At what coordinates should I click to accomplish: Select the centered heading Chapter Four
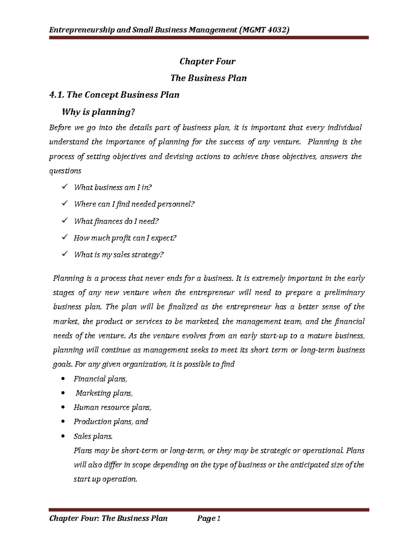pyautogui.click(x=208, y=62)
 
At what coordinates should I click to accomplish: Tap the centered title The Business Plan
pyautogui.click(x=208, y=78)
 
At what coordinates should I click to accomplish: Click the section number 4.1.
pyautogui.click(x=56, y=95)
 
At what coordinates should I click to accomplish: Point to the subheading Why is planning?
pyautogui.click(x=98, y=112)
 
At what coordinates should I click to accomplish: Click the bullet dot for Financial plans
pyautogui.click(x=63, y=379)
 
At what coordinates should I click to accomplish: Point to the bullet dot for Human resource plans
pyautogui.click(x=63, y=408)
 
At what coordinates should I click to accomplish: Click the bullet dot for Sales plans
pyautogui.click(x=63, y=436)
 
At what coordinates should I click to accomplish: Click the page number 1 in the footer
pyautogui.click(x=219, y=519)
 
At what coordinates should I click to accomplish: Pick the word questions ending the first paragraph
pyautogui.click(x=65, y=171)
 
